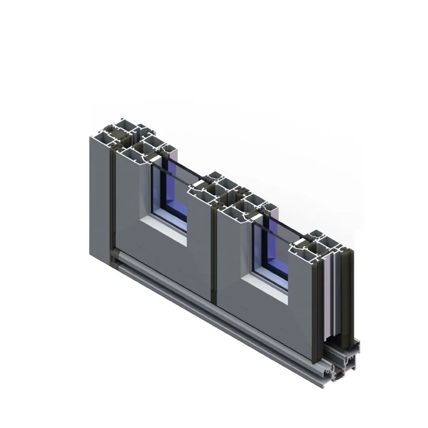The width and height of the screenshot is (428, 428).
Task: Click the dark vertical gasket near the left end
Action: point(111,203)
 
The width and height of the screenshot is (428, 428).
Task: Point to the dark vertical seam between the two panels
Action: point(214,257)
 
